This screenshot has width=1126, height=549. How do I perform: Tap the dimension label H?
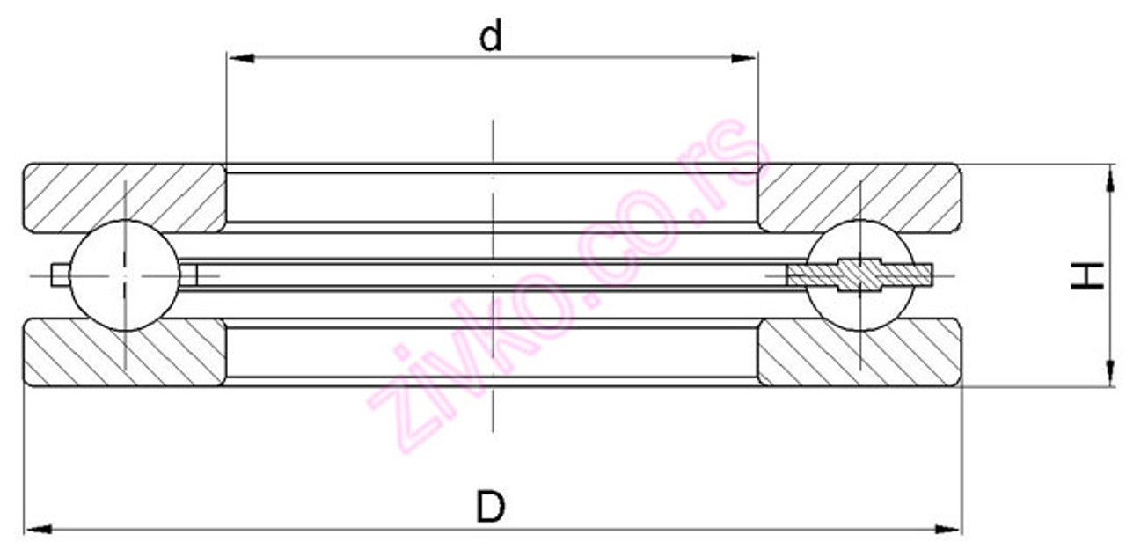[x=1088, y=275]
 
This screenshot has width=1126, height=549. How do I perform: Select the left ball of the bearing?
[x=125, y=274]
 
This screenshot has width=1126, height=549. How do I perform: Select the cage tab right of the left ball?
[x=188, y=275]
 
